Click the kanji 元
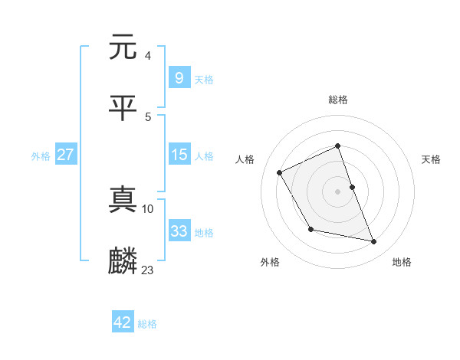124,47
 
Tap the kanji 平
124,109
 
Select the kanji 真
124,201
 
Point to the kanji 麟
124,262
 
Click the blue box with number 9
179,77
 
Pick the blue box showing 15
179,155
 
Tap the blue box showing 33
179,231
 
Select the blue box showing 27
65,155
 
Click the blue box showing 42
123,322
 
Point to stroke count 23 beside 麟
148,270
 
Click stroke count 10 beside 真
148,208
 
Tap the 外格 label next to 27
41,155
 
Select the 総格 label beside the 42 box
147,324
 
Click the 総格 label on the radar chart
338,100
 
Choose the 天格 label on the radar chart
431,159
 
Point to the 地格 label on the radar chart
402,262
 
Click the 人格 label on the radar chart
245,159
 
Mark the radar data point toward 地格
374,242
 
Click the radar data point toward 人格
280,172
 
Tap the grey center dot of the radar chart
338,191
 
